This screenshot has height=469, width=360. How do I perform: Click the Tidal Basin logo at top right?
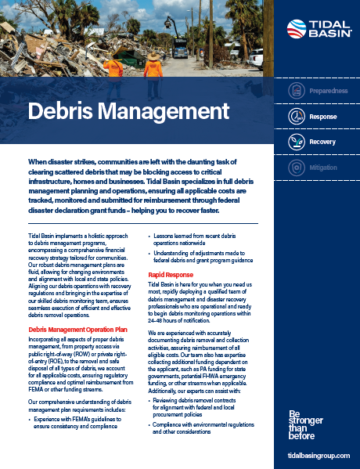point(317,29)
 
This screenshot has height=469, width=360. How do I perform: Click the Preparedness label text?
point(329,91)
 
